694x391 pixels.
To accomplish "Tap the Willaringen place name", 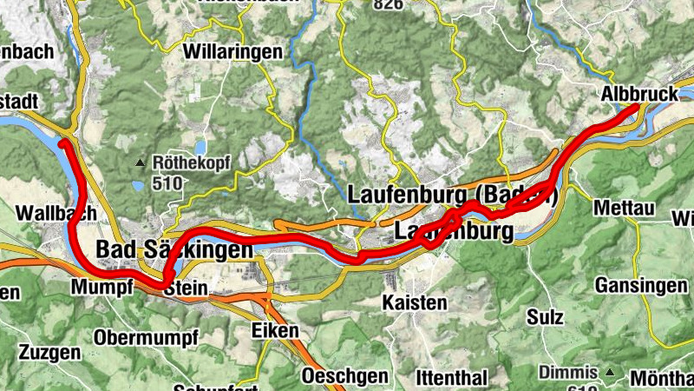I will pos(232,52).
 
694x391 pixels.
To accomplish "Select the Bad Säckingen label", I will pos(174,249).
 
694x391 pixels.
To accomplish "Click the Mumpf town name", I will pos(104,288).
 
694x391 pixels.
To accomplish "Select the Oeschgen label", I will pos(345,375).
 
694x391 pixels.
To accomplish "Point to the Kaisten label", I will pos(415,302).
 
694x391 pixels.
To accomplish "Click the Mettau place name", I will pos(623,209).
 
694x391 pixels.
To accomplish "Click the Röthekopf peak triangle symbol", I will pos(141,162).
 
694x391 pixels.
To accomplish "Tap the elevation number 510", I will pos(167,183).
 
